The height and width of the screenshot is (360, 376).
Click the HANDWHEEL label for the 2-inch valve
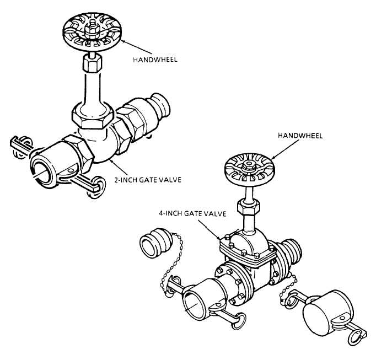(155, 60)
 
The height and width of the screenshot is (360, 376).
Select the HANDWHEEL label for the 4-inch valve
(300, 136)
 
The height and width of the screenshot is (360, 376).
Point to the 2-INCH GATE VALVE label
(147, 180)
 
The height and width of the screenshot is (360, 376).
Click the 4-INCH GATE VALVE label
(192, 213)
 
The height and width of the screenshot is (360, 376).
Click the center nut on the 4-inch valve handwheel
(249, 166)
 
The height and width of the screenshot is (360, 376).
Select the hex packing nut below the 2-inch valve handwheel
(92, 63)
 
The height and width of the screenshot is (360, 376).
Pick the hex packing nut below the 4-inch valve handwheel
(248, 207)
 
